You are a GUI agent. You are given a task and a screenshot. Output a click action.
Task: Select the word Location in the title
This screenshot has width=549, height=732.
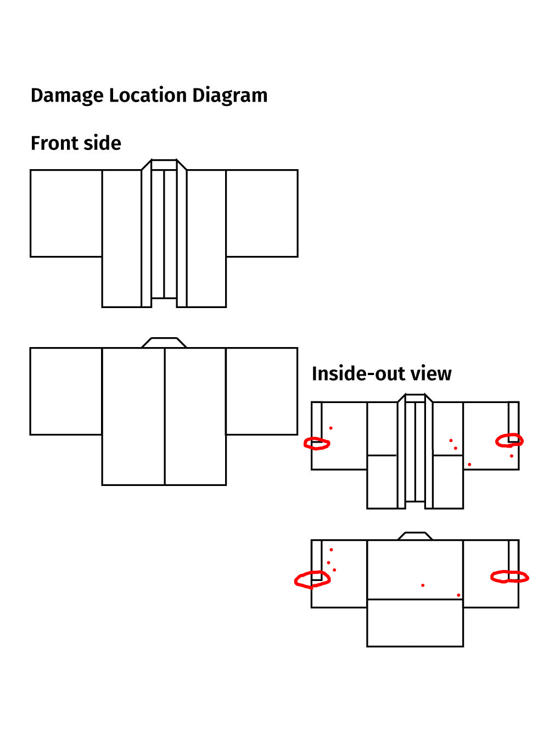point(148,95)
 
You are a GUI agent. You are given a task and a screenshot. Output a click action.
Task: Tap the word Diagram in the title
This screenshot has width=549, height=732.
point(230,96)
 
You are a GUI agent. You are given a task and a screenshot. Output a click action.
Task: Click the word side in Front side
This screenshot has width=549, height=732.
point(102,143)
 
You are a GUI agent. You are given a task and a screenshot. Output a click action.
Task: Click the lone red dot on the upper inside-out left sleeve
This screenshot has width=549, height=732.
point(330,428)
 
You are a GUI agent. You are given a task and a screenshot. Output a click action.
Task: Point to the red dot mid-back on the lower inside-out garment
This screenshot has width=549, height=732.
point(423,585)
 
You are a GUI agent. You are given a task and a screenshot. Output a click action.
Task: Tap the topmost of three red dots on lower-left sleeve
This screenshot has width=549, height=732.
point(331,550)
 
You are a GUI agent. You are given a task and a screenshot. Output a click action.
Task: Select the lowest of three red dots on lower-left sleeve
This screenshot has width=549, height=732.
point(334,570)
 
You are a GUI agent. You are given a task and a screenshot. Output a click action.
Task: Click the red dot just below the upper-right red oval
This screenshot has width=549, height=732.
point(511,456)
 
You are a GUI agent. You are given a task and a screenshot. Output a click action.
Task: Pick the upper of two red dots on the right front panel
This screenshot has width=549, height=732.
point(451,440)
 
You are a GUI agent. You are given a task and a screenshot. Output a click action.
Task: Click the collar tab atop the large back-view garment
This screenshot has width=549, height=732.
point(164,343)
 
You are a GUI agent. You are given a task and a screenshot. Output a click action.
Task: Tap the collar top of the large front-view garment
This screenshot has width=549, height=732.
point(164,165)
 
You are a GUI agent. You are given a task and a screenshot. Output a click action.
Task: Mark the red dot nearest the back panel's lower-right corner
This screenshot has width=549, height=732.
point(458,595)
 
